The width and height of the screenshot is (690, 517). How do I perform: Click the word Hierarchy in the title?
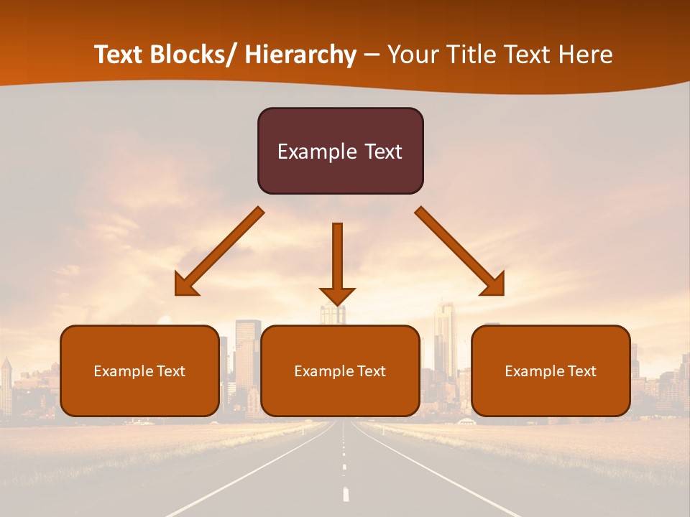300,55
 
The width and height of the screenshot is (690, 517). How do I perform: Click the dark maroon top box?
340,151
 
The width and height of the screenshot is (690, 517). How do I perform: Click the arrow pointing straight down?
337,258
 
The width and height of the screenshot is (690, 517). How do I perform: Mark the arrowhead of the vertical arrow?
337,295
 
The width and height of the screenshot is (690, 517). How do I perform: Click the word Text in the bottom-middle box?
371,371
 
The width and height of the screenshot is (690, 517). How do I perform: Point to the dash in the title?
372,55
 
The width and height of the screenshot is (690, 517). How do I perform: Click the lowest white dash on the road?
346,494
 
